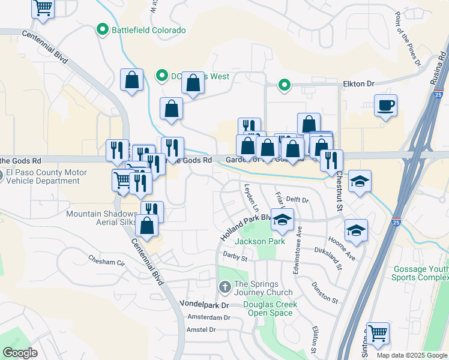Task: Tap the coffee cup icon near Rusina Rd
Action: pos(385,106)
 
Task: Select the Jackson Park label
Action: pos(259,241)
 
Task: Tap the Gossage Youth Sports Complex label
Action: pos(420,273)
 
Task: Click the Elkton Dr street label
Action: pos(358,85)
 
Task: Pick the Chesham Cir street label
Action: pos(107,262)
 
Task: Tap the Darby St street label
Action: pos(235,258)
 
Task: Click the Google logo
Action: pos(20,353)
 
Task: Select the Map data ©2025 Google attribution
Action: pos(412,355)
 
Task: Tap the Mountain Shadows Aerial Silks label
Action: pos(101,218)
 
